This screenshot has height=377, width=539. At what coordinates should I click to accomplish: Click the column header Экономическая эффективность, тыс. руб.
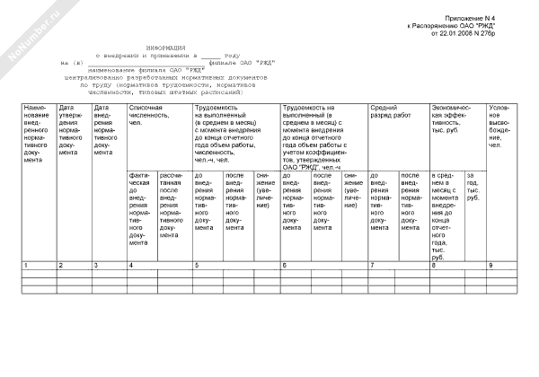455,121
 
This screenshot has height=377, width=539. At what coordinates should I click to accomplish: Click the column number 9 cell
490,266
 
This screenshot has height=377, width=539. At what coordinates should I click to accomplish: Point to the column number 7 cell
372,266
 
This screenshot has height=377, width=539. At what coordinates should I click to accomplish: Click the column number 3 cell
96,266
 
